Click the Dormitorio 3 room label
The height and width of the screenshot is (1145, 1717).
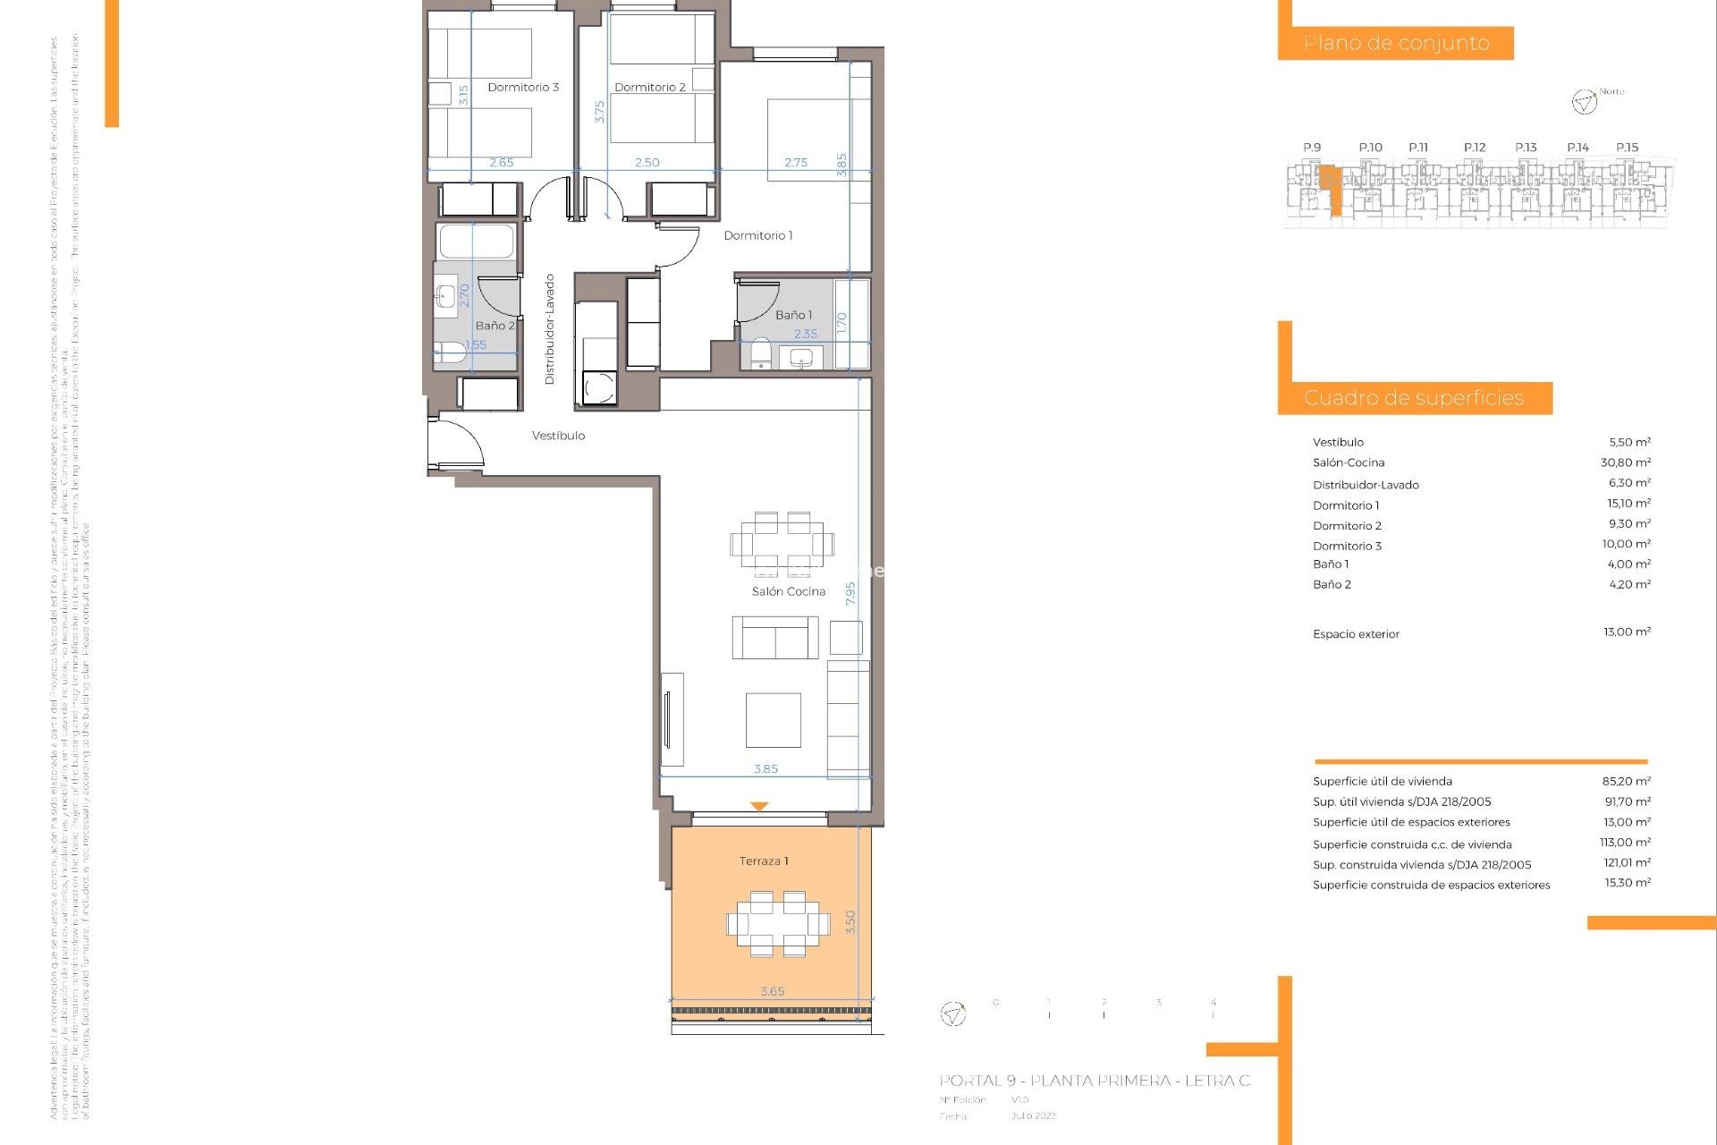pos(523,87)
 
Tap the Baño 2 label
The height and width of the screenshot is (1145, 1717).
pos(495,326)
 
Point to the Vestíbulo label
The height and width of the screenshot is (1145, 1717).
pos(558,436)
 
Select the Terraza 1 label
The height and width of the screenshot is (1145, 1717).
pos(763,861)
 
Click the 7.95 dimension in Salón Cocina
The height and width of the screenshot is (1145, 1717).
pos(850,593)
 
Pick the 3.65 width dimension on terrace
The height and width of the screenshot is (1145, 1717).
pos(772,991)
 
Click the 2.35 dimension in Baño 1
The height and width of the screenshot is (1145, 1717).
pos(806,334)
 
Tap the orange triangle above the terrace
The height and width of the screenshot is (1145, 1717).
pos(759,806)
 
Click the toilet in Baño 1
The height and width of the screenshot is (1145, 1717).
pos(761,353)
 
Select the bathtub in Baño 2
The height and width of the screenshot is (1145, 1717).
pos(477,242)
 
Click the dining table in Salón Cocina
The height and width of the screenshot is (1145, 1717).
pos(782,543)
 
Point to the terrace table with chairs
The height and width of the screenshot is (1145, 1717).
pos(778,923)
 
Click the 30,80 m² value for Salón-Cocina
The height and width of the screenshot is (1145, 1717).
pos(1625,462)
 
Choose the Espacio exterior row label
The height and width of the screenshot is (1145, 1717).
pos(1356,634)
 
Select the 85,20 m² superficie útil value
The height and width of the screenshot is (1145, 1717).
pos(1626,781)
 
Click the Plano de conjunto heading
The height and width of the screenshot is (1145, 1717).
pos(1396,43)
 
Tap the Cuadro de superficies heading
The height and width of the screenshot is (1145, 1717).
pos(1413,398)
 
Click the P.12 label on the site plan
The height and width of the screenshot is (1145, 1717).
pos(1475,148)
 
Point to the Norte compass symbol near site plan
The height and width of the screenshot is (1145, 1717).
pos(1584,102)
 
